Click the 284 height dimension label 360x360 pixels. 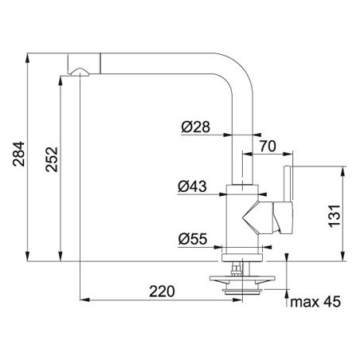(x=18, y=155)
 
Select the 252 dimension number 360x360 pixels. (x=52, y=159)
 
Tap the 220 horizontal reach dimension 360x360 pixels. (x=162, y=292)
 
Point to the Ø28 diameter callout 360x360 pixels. (x=196, y=127)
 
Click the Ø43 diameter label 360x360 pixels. (x=192, y=186)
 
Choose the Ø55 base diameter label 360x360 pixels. (x=193, y=239)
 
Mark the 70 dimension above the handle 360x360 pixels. (x=268, y=146)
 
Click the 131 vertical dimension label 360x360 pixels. (x=335, y=216)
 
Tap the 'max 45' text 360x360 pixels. (x=315, y=302)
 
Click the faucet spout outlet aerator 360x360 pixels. (x=80, y=72)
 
